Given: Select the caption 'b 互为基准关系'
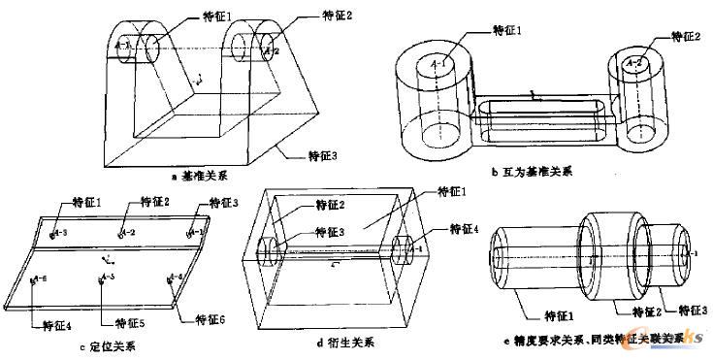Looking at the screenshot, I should [x=532, y=172].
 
